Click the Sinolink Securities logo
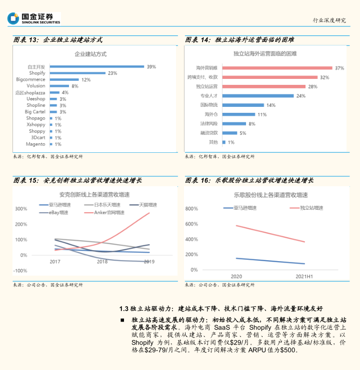click(x=34, y=18)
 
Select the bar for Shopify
click(x=77, y=73)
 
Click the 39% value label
click(x=151, y=66)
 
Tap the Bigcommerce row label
click(x=30, y=79)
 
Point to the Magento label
click(x=35, y=144)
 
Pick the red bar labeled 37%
click(x=277, y=67)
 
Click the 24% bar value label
click(x=300, y=95)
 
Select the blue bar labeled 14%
click(x=243, y=105)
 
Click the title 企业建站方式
click(x=90, y=53)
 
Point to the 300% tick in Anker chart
click(x=21, y=209)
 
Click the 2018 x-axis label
click(x=102, y=262)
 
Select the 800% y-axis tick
click(x=192, y=209)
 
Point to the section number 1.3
click(x=124, y=308)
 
